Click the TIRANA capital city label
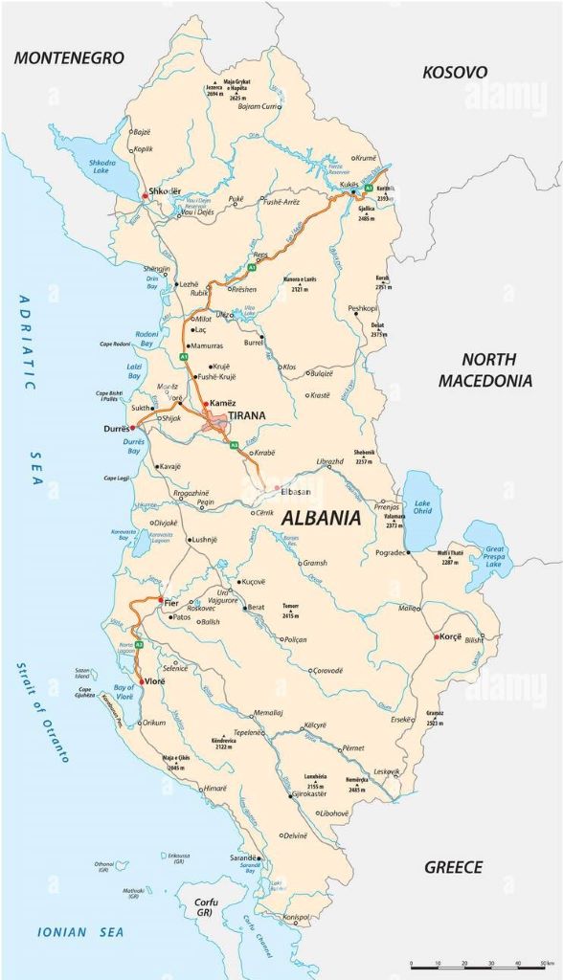click(247, 415)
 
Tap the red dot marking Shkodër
click(145, 195)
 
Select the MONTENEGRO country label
click(69, 58)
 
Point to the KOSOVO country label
click(455, 72)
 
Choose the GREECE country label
click(453, 867)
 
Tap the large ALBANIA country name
click(321, 519)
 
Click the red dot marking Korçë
click(437, 636)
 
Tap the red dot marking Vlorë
click(142, 681)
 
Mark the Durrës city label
click(115, 430)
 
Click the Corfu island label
click(206, 906)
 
